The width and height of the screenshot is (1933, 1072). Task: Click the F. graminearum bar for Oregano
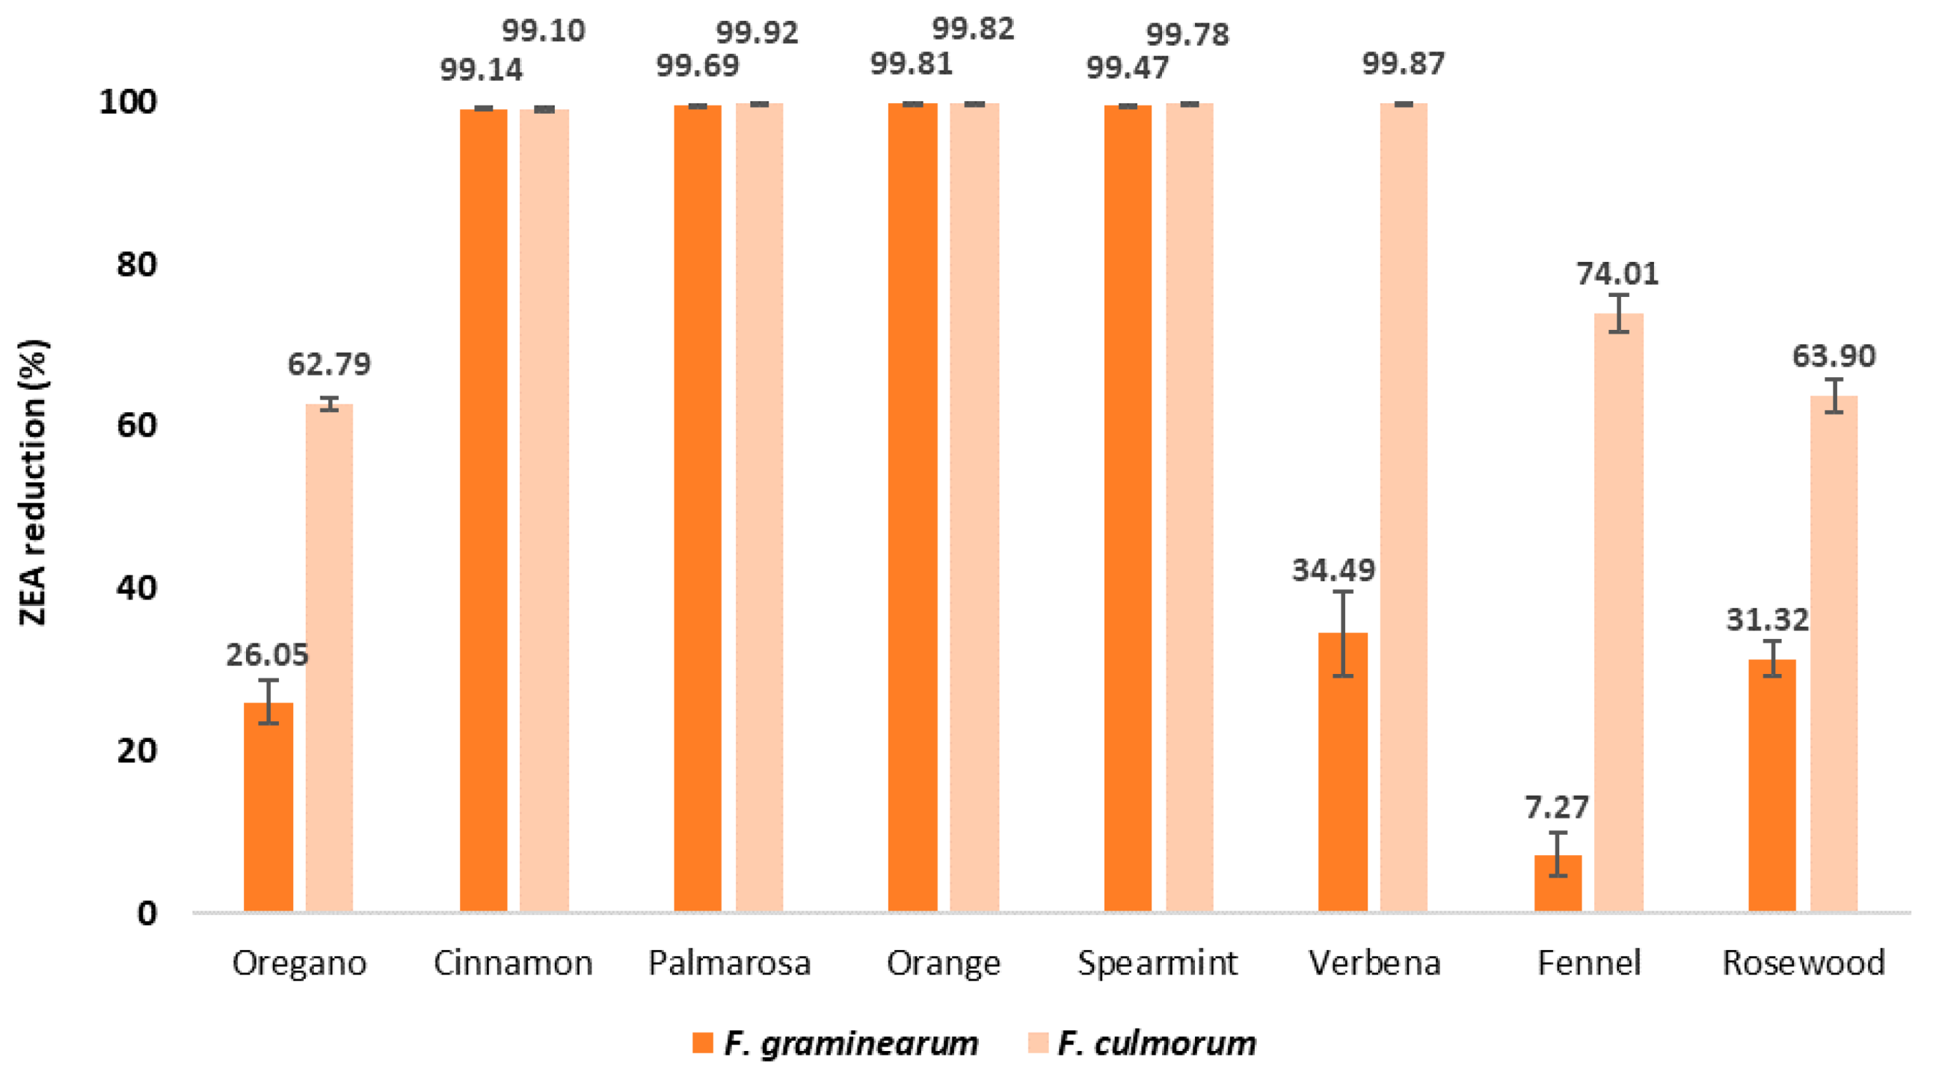click(x=268, y=807)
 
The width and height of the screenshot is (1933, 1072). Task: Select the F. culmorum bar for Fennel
click(x=1619, y=612)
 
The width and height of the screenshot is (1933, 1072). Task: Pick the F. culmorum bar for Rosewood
click(x=1834, y=653)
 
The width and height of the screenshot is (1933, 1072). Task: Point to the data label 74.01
click(x=1617, y=273)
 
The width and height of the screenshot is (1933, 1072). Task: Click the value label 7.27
click(x=1556, y=807)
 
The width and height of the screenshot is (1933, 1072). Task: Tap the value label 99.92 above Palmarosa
click(x=757, y=32)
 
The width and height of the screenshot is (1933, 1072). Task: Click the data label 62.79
click(x=329, y=364)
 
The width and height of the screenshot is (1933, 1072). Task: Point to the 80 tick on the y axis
click(x=137, y=264)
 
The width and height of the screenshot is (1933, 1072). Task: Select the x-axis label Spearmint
click(x=1157, y=963)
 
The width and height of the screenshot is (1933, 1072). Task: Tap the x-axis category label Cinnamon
click(x=512, y=963)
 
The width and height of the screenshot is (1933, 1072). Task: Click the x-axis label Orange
click(x=943, y=963)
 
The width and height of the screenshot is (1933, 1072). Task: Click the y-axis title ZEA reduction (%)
click(x=33, y=482)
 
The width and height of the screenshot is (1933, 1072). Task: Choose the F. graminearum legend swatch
click(x=702, y=1043)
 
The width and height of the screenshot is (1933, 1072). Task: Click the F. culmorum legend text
click(x=1156, y=1043)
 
